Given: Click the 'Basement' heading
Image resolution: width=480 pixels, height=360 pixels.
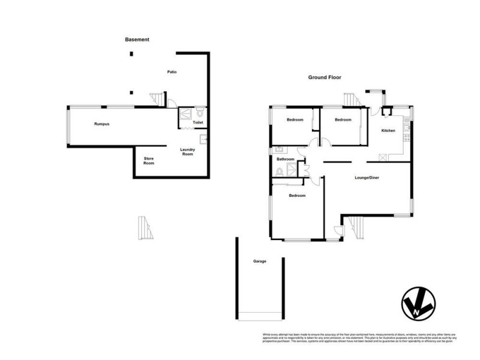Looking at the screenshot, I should click(x=137, y=40).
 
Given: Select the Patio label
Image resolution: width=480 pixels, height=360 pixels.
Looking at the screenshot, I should click(x=172, y=72).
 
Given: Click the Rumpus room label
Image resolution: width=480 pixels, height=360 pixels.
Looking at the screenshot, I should click(x=101, y=124).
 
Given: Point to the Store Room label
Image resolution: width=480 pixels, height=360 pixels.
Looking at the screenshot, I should click(x=148, y=161).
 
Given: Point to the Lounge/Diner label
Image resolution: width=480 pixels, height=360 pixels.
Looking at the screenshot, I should click(x=367, y=178).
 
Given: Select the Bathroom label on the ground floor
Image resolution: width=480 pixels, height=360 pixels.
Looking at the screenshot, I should click(x=285, y=159).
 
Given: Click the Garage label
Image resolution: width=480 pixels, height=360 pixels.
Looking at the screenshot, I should click(x=259, y=262).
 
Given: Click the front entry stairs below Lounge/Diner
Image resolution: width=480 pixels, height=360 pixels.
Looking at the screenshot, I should click(x=356, y=226).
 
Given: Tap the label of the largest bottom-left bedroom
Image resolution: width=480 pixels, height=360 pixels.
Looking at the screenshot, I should click(x=297, y=196).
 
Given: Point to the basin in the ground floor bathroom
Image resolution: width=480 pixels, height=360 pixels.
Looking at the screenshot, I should click(x=278, y=149).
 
